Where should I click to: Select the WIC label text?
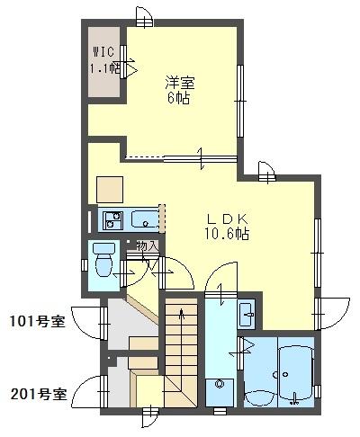102,51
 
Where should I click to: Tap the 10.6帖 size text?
227,234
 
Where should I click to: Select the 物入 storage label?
148,245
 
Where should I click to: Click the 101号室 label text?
37,321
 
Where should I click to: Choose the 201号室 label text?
37,393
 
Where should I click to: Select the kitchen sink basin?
144,218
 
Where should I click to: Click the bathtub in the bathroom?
295,373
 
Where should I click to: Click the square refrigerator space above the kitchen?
110,189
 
